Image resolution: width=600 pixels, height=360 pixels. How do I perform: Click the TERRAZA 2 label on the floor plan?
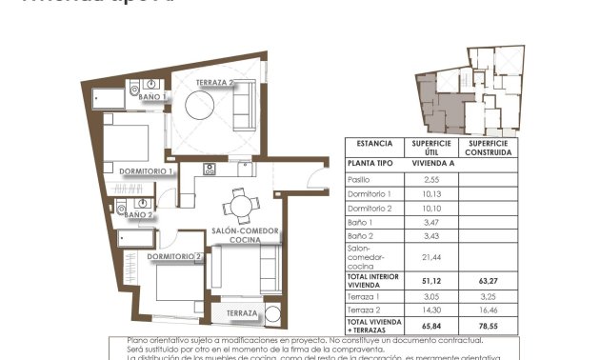click(x=216, y=84)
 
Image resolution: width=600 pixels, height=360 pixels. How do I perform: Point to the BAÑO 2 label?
click(x=139, y=215)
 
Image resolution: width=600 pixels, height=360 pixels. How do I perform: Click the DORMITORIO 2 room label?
click(x=174, y=256)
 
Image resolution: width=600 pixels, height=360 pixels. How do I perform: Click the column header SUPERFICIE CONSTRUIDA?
click(x=489, y=148)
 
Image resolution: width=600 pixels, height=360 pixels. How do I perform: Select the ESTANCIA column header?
click(x=373, y=144)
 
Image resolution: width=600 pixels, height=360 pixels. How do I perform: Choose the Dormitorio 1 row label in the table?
click(x=368, y=193)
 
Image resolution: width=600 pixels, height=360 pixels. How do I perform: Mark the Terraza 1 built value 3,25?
click(x=489, y=296)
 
